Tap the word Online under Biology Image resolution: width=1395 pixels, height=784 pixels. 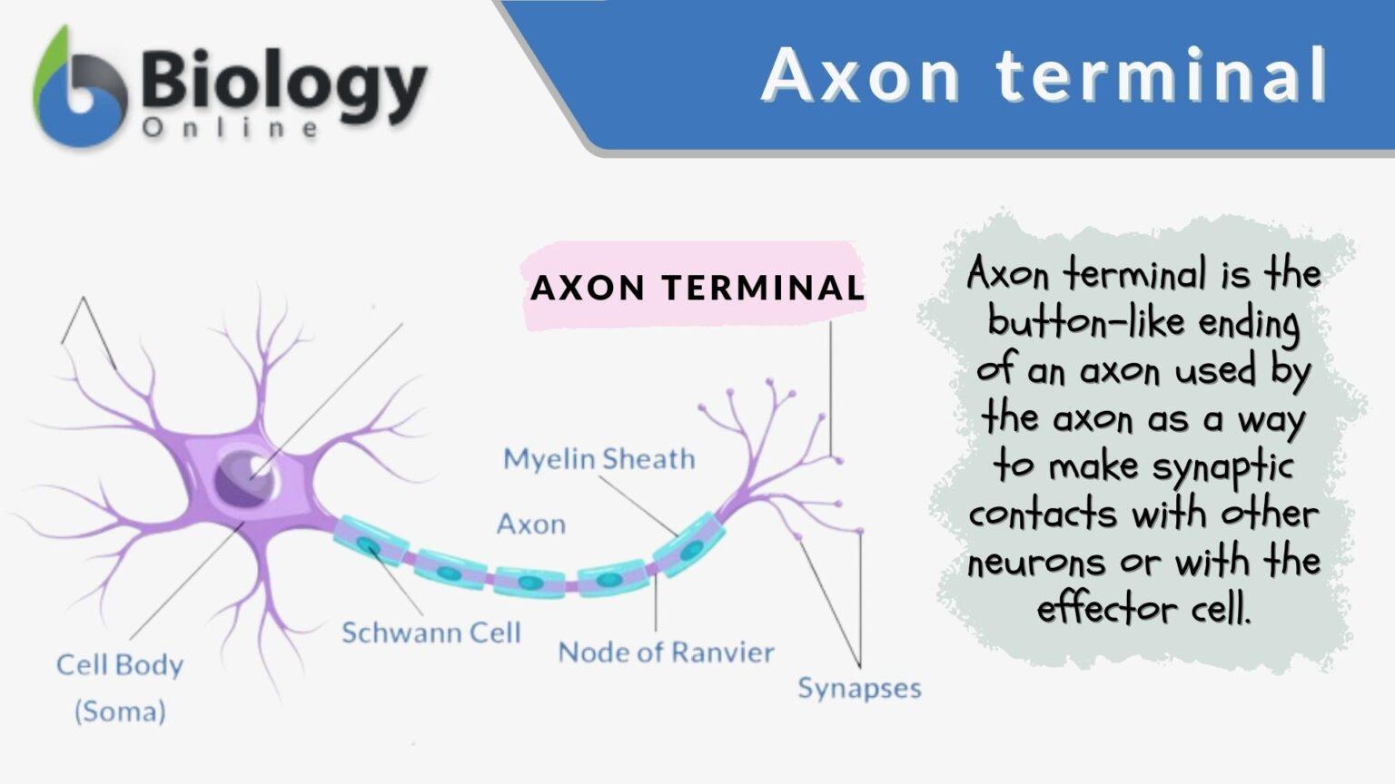[x=231, y=129]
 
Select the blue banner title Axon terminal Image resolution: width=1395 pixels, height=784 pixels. [x=1044, y=74]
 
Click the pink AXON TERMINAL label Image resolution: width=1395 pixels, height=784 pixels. [x=697, y=288]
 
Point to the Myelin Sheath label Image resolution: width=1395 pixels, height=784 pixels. [x=599, y=459]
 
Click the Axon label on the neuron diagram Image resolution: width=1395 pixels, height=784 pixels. [x=531, y=524]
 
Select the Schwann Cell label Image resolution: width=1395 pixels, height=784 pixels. [x=431, y=632]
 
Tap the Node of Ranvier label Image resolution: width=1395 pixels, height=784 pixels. [x=666, y=652]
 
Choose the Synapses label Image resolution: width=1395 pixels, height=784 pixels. [x=859, y=688]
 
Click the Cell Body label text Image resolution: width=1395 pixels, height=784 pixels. [x=120, y=665]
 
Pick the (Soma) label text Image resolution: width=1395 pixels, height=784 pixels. [x=120, y=710]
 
